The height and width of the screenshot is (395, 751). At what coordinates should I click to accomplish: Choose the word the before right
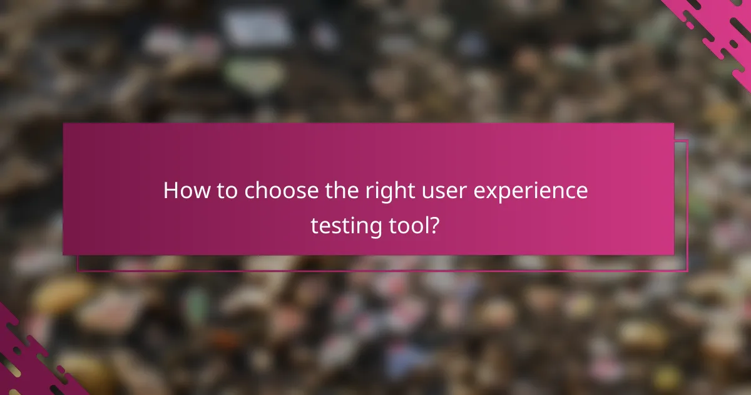coord(342,191)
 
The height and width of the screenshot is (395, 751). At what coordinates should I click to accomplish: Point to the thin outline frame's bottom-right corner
coord(687,271)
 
